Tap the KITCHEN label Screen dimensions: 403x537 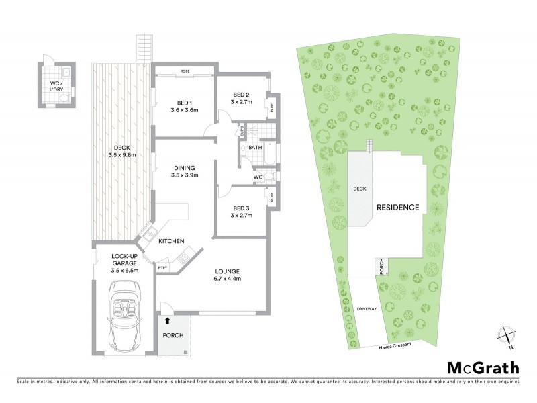coord(171,242)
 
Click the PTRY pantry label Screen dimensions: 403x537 coord(162,268)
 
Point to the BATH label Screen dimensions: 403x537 coord(255,147)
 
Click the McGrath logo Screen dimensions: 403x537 coord(483,367)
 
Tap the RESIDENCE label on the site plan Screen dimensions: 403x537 coord(397,207)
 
